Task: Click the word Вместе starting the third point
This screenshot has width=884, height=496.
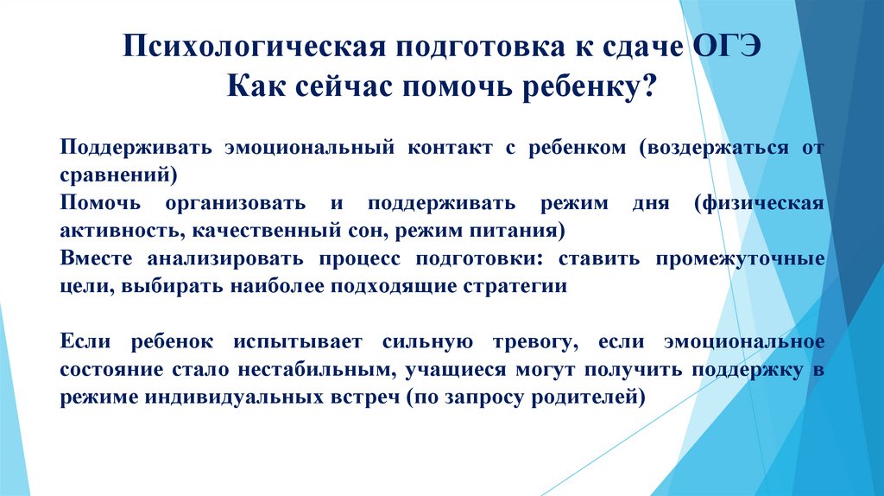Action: [98, 258]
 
